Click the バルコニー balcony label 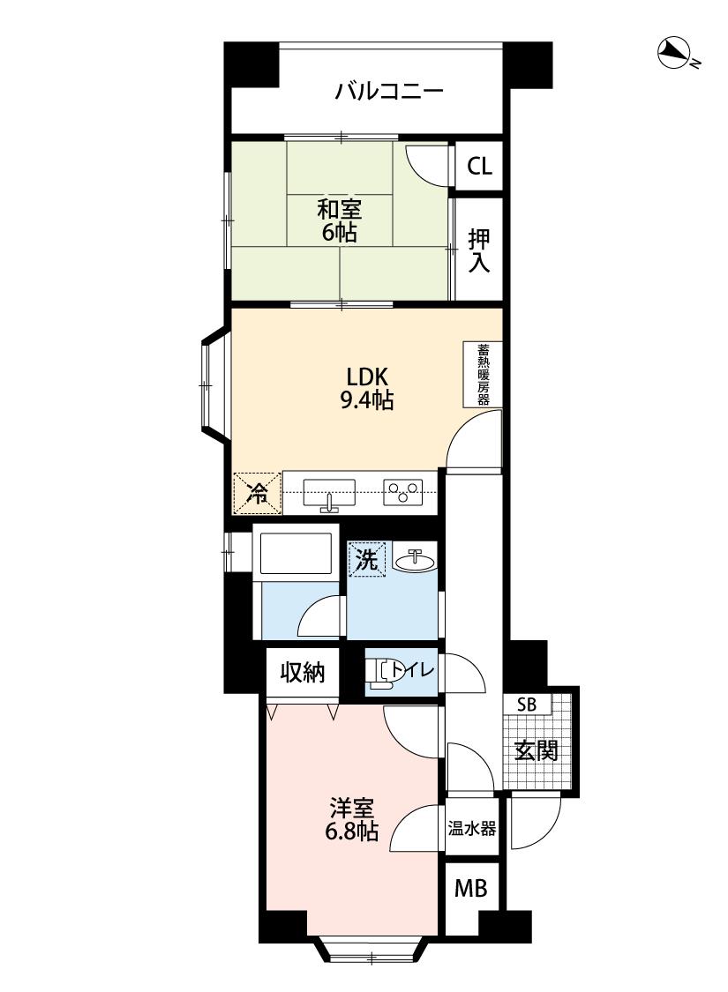click(388, 92)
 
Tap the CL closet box click(478, 166)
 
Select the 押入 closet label click(479, 250)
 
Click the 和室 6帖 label click(340, 220)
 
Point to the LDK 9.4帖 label click(367, 389)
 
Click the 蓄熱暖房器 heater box click(483, 374)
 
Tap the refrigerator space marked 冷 click(258, 493)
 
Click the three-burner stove click(403, 493)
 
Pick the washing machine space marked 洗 click(366, 559)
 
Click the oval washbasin click(416, 560)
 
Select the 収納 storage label click(303, 672)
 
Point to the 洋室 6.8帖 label click(351, 819)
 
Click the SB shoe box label click(527, 705)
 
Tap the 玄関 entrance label click(536, 750)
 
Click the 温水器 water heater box click(471, 828)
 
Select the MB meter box click(471, 889)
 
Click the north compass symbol click(675, 54)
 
